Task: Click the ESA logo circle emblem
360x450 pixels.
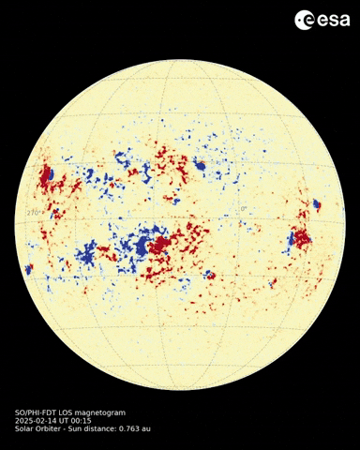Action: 304,20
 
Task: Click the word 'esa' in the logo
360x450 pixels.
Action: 327,20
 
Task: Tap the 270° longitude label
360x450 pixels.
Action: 35,215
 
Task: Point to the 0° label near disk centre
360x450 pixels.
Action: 243,208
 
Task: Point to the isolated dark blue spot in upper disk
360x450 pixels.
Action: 199,165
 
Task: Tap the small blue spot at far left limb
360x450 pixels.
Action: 29,269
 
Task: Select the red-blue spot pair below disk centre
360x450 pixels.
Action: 209,276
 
